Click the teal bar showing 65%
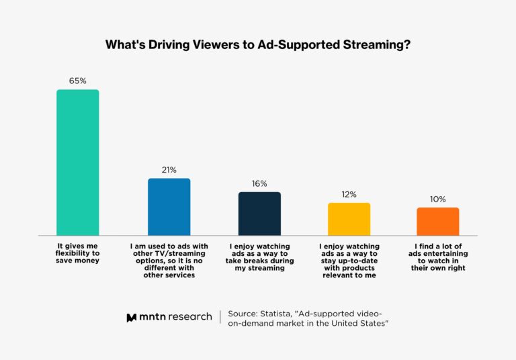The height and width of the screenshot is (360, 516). tap(77, 162)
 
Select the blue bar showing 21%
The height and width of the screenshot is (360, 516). tap(169, 207)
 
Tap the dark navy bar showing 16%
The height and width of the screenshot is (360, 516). tap(259, 214)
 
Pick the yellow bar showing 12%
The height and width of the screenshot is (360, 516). tap(349, 219)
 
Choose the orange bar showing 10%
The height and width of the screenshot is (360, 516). tap(437, 221)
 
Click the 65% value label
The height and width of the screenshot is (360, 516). tap(77, 81)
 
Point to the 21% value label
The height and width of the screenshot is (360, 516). tap(169, 170)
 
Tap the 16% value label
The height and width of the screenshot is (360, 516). tap(259, 183)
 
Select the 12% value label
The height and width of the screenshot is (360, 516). tap(349, 194)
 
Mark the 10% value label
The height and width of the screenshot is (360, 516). tap(437, 199)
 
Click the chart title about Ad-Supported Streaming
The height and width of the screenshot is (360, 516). tap(258, 45)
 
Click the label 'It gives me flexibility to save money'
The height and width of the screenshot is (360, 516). tap(78, 253)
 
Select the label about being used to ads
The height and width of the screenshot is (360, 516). tap(169, 261)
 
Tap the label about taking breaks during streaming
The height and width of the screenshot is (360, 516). tap(259, 257)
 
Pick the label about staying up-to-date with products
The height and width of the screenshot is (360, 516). tap(349, 261)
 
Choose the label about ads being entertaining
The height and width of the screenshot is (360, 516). tap(437, 257)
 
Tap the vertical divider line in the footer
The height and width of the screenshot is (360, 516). tap(220, 318)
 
